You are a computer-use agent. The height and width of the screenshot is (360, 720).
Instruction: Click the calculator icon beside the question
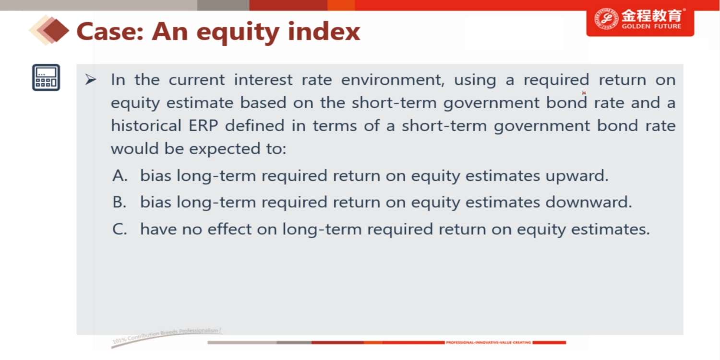tap(46, 77)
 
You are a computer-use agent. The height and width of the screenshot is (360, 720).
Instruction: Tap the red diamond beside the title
tap(56, 31)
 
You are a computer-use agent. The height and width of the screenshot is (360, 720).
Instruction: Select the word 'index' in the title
tap(324, 32)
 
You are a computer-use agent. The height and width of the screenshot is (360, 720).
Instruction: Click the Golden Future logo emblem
tap(606, 19)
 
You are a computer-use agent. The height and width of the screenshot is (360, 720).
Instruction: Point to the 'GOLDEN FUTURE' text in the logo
tap(651, 26)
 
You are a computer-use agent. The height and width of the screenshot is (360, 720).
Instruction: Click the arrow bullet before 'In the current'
tap(90, 79)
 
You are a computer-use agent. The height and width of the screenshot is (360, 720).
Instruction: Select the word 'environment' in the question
tap(393, 80)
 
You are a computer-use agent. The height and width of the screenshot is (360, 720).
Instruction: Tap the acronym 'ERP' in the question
tap(203, 125)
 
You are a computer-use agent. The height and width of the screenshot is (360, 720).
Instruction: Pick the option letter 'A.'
tap(120, 176)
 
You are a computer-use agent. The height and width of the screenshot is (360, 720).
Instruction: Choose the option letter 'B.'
tap(120, 202)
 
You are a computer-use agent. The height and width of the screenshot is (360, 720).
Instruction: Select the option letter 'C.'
tap(120, 229)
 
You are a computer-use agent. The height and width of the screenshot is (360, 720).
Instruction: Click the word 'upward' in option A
tap(576, 176)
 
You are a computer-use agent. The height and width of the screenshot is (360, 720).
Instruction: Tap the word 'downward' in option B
tap(588, 202)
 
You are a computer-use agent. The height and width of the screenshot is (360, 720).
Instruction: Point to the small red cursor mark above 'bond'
tap(584, 93)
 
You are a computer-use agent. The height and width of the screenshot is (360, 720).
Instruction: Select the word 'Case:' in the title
tap(110, 32)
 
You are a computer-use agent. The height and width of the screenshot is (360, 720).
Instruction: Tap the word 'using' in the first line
tap(475, 80)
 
